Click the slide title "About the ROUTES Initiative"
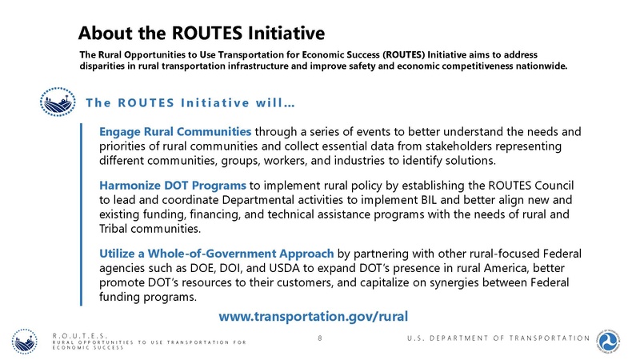pyautogui.click(x=201, y=33)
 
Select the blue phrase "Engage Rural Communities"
pyautogui.click(x=175, y=131)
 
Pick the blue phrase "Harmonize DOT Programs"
pyautogui.click(x=173, y=186)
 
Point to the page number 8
pyautogui.click(x=320, y=339)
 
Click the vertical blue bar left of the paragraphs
pyautogui.click(x=82, y=214)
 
